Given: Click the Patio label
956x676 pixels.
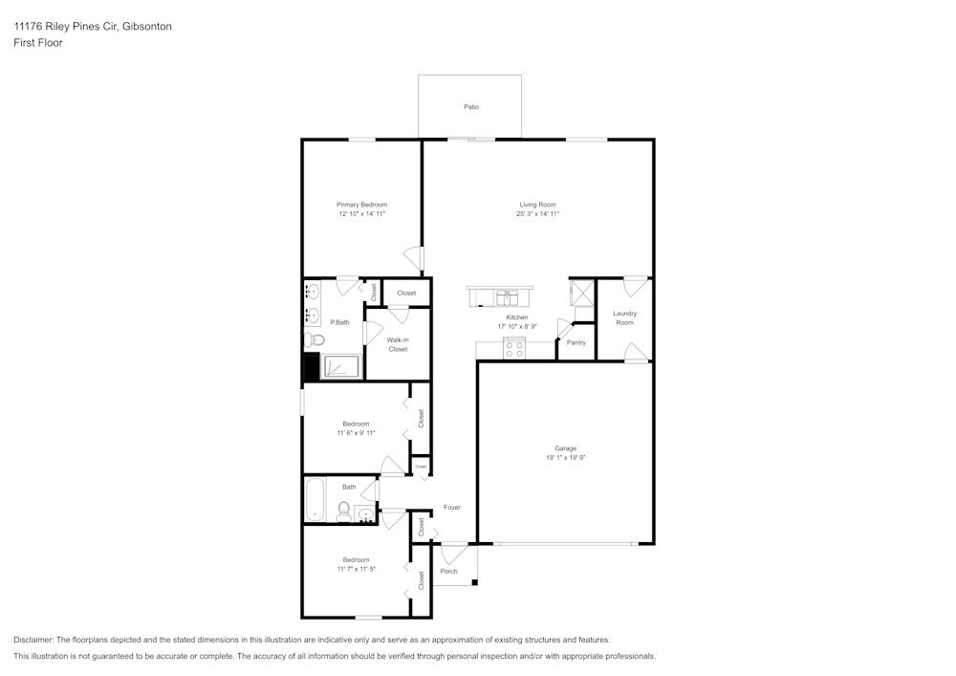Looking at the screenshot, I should (470, 107).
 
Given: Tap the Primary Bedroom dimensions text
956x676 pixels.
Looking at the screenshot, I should (361, 214).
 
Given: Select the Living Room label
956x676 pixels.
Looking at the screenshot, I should (537, 205).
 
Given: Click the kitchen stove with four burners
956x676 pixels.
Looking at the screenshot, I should (515, 351).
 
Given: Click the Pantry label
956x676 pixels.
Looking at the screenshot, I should (576, 342).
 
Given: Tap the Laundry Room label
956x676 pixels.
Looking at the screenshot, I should (624, 318).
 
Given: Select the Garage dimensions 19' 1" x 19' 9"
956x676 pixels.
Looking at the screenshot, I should (565, 458).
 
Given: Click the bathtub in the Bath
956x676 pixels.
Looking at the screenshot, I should (315, 500).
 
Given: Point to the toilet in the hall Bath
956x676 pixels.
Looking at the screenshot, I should (344, 512).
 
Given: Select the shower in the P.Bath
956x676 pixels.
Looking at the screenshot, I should (341, 366).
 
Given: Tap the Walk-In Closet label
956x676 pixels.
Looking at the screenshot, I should (398, 344).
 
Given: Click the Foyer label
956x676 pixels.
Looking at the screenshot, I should (451, 508).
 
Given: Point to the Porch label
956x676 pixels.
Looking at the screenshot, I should (448, 572).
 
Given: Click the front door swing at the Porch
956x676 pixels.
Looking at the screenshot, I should (455, 553).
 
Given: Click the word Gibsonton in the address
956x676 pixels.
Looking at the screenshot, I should (146, 27).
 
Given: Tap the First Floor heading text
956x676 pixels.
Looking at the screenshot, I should (38, 43).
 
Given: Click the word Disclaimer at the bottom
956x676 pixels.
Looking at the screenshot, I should (33, 640).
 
